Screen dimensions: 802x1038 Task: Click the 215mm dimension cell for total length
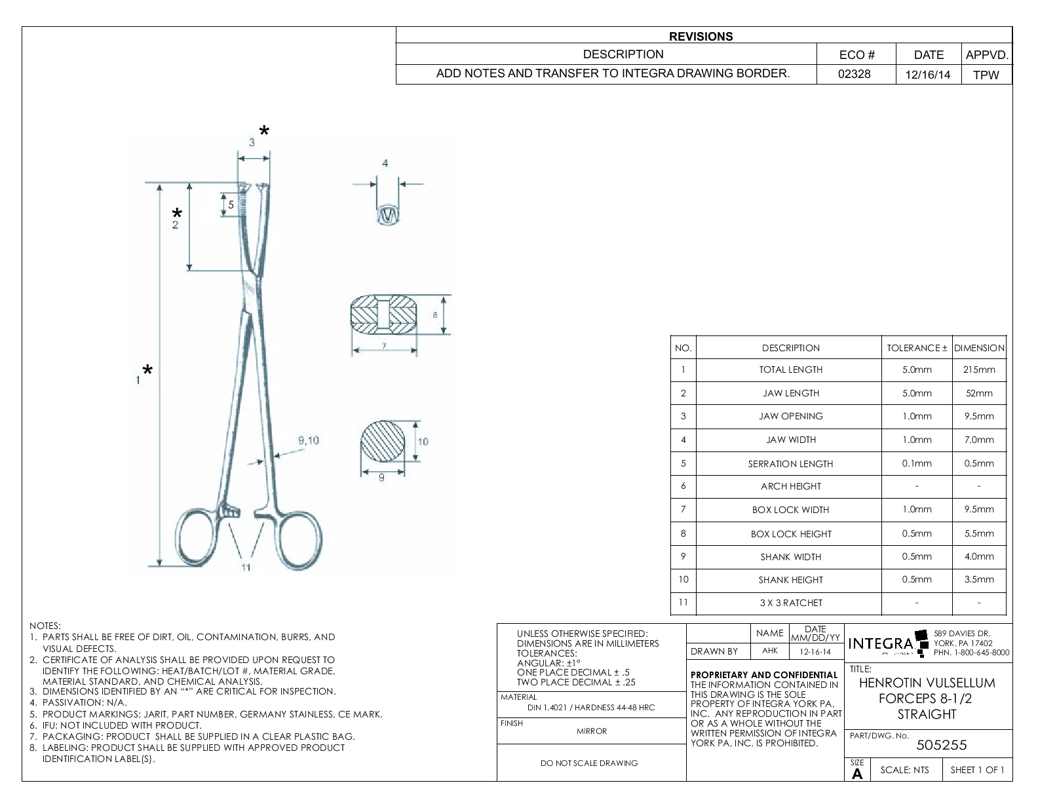[979, 370]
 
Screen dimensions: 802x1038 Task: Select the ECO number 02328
[855, 74]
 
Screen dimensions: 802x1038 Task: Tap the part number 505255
[942, 745]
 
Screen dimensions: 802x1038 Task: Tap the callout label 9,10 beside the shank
[308, 440]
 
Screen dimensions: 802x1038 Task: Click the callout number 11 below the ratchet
[246, 567]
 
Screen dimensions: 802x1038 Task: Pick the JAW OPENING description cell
[790, 416]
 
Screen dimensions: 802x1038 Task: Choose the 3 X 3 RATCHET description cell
[790, 603]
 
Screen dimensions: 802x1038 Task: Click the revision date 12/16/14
[927, 74]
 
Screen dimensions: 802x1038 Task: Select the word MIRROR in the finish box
[592, 731]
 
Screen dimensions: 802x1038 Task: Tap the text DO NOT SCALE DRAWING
[588, 763]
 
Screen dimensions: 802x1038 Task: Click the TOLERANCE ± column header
[917, 348]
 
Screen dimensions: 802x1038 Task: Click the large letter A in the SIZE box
[857, 774]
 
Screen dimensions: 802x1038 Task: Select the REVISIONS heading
[701, 37]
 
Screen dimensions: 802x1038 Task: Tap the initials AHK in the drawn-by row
[770, 651]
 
